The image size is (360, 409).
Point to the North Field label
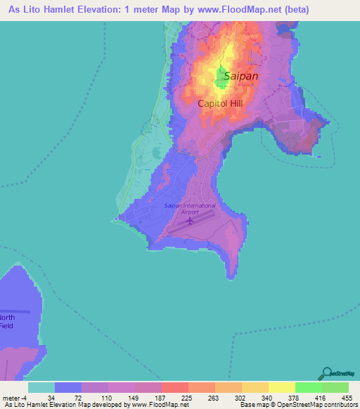pyautogui.click(x=6, y=321)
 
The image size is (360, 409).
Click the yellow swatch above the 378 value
pyautogui.click(x=281, y=387)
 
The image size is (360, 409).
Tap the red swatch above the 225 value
pyautogui.click(x=174, y=387)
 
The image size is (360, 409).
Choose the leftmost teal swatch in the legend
pyautogui.click(x=41, y=387)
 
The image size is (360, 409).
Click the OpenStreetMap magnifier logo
pyautogui.click(x=326, y=373)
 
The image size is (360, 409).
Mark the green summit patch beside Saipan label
pyautogui.click(x=221, y=82)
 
